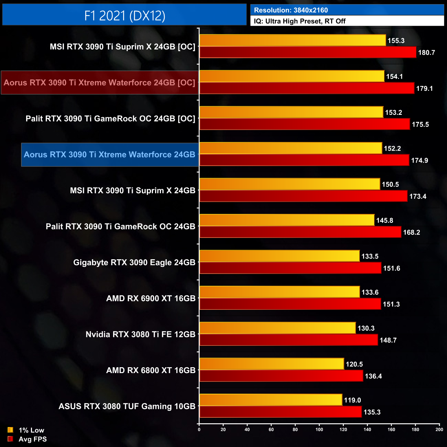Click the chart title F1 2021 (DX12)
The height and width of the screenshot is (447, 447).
[x=124, y=15]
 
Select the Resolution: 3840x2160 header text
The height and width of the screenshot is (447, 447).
[x=291, y=10]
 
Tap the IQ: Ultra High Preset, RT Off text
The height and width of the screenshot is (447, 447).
[x=299, y=21]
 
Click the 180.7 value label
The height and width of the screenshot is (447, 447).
[x=426, y=53]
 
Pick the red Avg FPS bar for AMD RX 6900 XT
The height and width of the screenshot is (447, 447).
[x=290, y=304]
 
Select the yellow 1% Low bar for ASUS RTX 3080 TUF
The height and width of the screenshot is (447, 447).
[x=271, y=400]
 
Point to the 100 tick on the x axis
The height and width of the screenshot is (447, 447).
[x=319, y=429]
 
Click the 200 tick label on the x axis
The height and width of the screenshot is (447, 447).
[x=439, y=429]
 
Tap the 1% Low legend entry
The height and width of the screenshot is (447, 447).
[x=31, y=430]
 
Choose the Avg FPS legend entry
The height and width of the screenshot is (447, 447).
[x=32, y=439]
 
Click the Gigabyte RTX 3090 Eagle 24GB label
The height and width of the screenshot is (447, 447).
[x=134, y=262]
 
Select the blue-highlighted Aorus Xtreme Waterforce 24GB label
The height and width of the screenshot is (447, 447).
[x=110, y=154]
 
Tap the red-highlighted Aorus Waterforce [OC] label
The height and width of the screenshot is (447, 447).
[x=99, y=83]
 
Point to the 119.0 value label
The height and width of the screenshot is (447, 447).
[x=352, y=400]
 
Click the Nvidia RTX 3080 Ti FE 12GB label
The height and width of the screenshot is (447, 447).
[x=140, y=334]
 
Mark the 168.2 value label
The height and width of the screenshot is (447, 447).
[x=411, y=232]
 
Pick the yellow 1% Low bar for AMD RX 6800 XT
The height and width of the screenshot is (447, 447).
[x=272, y=364]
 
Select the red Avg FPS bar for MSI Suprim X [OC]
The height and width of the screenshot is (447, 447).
[x=308, y=52]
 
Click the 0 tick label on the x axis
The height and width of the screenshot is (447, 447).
[x=199, y=429]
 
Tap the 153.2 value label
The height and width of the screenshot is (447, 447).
[x=393, y=112]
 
